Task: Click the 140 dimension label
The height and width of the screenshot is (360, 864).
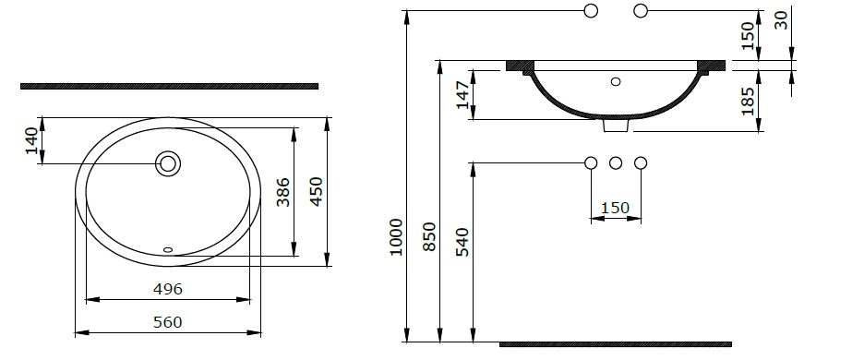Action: (x=32, y=140)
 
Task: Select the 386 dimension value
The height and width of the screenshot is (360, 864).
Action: (x=283, y=191)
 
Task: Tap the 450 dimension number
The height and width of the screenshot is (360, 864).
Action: (x=317, y=191)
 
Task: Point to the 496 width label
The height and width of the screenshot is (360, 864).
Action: (x=167, y=288)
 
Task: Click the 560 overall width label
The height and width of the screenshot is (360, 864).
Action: (x=167, y=322)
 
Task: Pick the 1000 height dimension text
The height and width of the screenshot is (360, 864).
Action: (x=397, y=237)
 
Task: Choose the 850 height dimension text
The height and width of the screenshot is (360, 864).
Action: (x=430, y=236)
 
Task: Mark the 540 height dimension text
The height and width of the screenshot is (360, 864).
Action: (x=462, y=242)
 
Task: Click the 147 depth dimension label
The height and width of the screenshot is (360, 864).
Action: (x=463, y=95)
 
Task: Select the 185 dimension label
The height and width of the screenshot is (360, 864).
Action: (x=748, y=101)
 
